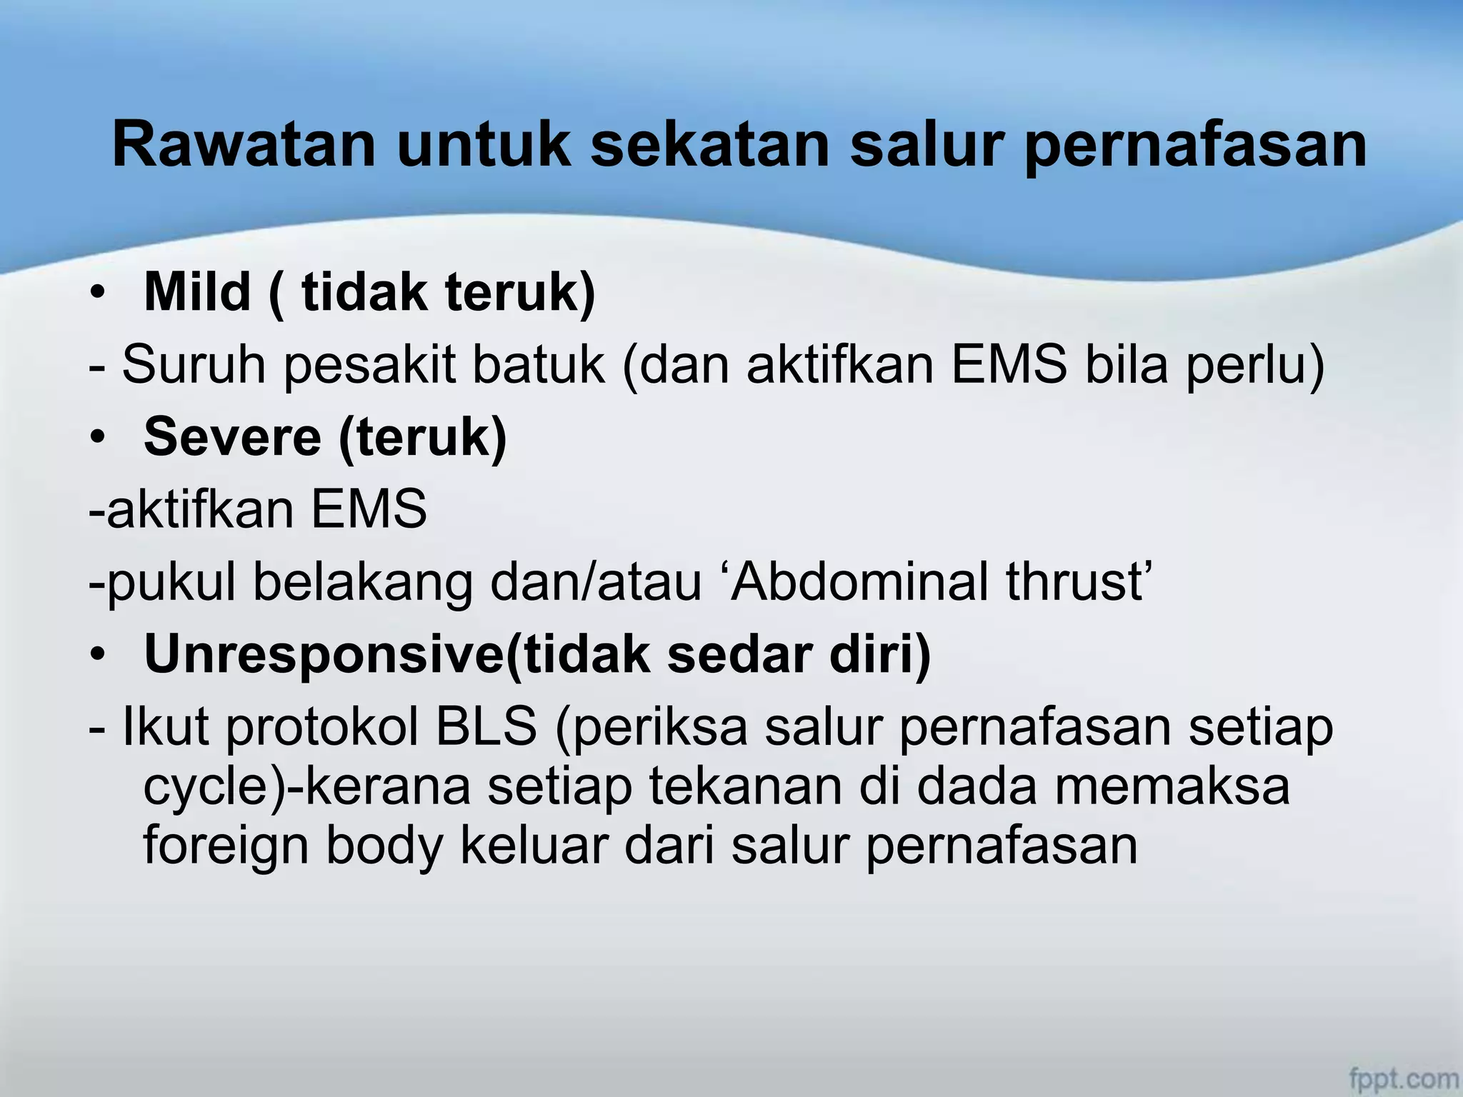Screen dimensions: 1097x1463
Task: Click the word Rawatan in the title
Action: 244,145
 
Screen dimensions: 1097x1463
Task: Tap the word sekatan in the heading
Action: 709,145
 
